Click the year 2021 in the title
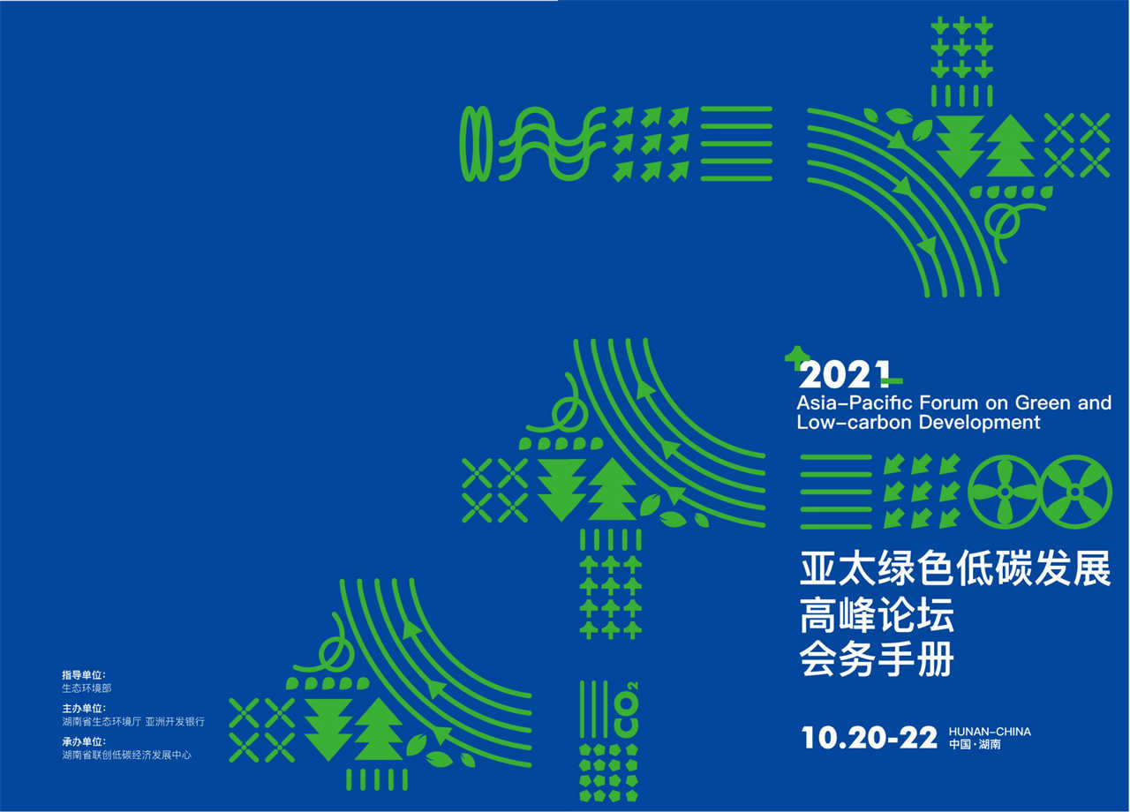pyautogui.click(x=844, y=374)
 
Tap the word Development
pyautogui.click(x=979, y=422)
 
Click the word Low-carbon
pyautogui.click(x=855, y=422)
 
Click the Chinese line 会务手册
pyautogui.click(x=877, y=658)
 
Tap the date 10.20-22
pyautogui.click(x=870, y=738)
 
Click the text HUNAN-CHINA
pyautogui.click(x=990, y=732)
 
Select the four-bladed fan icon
pyautogui.click(x=1005, y=492)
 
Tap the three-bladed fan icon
pyautogui.click(x=1076, y=492)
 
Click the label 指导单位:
pyautogui.click(x=84, y=675)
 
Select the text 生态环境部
pyautogui.click(x=87, y=688)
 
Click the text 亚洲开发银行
pyautogui.click(x=175, y=722)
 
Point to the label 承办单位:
pyautogui.click(x=84, y=742)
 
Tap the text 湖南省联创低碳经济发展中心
pyautogui.click(x=126, y=755)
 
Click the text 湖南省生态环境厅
pyautogui.click(x=102, y=722)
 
